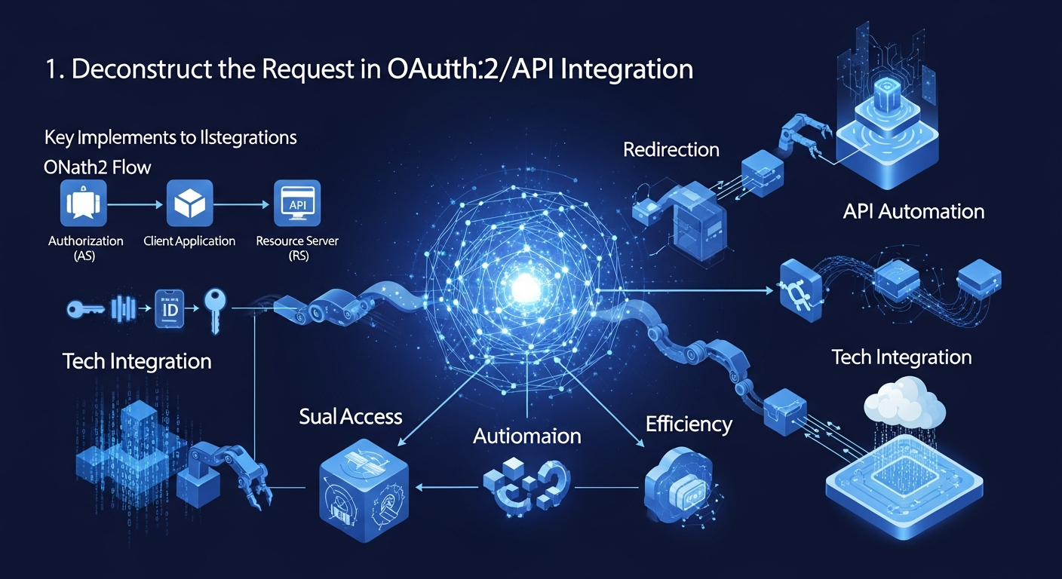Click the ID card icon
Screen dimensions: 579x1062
click(x=168, y=308)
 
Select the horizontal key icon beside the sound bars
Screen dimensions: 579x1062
click(x=84, y=308)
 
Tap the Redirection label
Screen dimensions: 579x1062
click(x=671, y=149)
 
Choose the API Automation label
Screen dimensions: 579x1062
click(x=913, y=210)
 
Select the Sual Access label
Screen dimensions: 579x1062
click(x=350, y=416)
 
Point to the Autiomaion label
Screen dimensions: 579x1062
click(x=526, y=436)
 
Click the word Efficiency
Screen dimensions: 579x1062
click(x=689, y=424)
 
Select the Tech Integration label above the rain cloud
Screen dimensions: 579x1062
click(x=901, y=357)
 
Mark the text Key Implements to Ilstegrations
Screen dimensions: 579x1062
click(x=170, y=138)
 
